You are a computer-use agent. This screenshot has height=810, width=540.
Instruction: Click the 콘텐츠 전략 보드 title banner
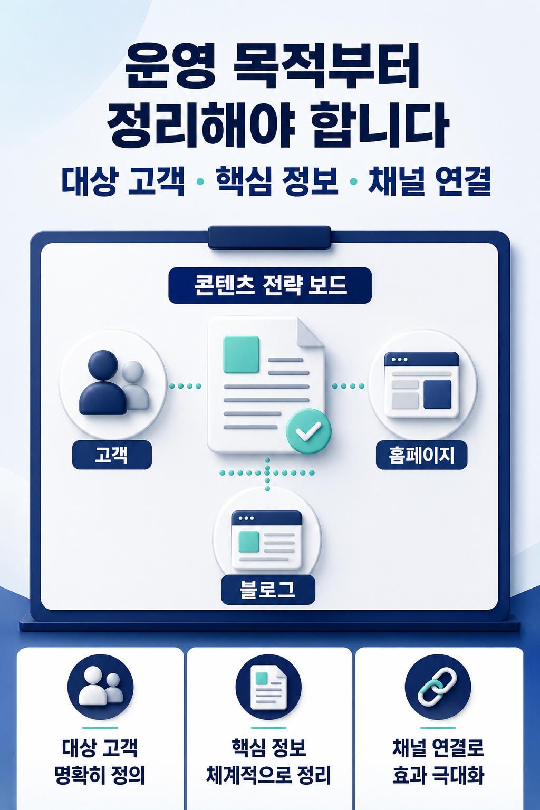tap(270, 285)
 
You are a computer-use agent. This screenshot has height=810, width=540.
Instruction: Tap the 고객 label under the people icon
tap(112, 455)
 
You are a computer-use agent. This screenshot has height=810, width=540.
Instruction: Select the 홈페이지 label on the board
tap(421, 455)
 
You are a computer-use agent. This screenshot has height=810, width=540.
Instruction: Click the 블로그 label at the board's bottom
tap(268, 590)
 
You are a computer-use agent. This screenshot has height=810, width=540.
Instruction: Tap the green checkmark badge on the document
tap(308, 431)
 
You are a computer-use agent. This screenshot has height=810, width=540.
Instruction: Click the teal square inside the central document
tap(241, 354)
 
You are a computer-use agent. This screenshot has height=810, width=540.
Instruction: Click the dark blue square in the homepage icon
tap(437, 394)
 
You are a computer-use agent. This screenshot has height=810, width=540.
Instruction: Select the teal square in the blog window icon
tap(249, 542)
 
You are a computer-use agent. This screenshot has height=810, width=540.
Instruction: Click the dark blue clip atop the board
tap(269, 237)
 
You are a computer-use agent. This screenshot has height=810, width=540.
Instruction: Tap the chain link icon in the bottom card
tap(437, 686)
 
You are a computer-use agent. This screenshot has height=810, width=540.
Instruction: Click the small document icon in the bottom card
tap(268, 687)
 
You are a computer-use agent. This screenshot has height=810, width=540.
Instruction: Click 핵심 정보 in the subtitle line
tap(277, 181)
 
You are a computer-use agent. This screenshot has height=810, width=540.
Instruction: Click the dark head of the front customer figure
tap(103, 365)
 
